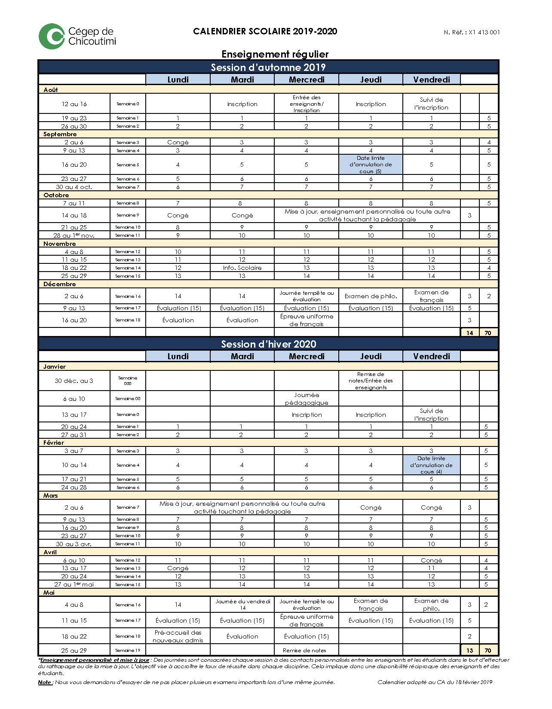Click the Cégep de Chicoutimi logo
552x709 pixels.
pos(77,37)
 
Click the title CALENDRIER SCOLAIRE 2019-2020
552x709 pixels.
pos(265,31)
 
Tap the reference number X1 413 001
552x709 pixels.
pos(484,32)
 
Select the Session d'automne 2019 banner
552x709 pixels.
pos(268,67)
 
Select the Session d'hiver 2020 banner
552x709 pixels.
pos(268,344)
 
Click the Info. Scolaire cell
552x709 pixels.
pos(242,268)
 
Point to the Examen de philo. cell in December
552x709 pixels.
pos(371,296)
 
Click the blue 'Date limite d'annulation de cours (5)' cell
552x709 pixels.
pos(371,165)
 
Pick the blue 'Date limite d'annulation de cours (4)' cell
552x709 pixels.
pos(431,465)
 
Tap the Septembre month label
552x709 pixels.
pos(60,134)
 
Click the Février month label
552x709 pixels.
pos(54,443)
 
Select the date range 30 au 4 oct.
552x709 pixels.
pos(74,187)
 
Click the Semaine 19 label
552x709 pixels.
pos(128,650)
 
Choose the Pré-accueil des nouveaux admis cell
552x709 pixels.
pos(178,636)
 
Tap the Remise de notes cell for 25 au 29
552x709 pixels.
pos(304,651)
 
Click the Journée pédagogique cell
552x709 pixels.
pos(307,399)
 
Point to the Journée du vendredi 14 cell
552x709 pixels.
pos(242,605)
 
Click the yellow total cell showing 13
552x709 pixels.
pos(469,651)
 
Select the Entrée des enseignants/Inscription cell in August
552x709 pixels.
pos(307,104)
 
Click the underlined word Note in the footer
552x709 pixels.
pos(45,682)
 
